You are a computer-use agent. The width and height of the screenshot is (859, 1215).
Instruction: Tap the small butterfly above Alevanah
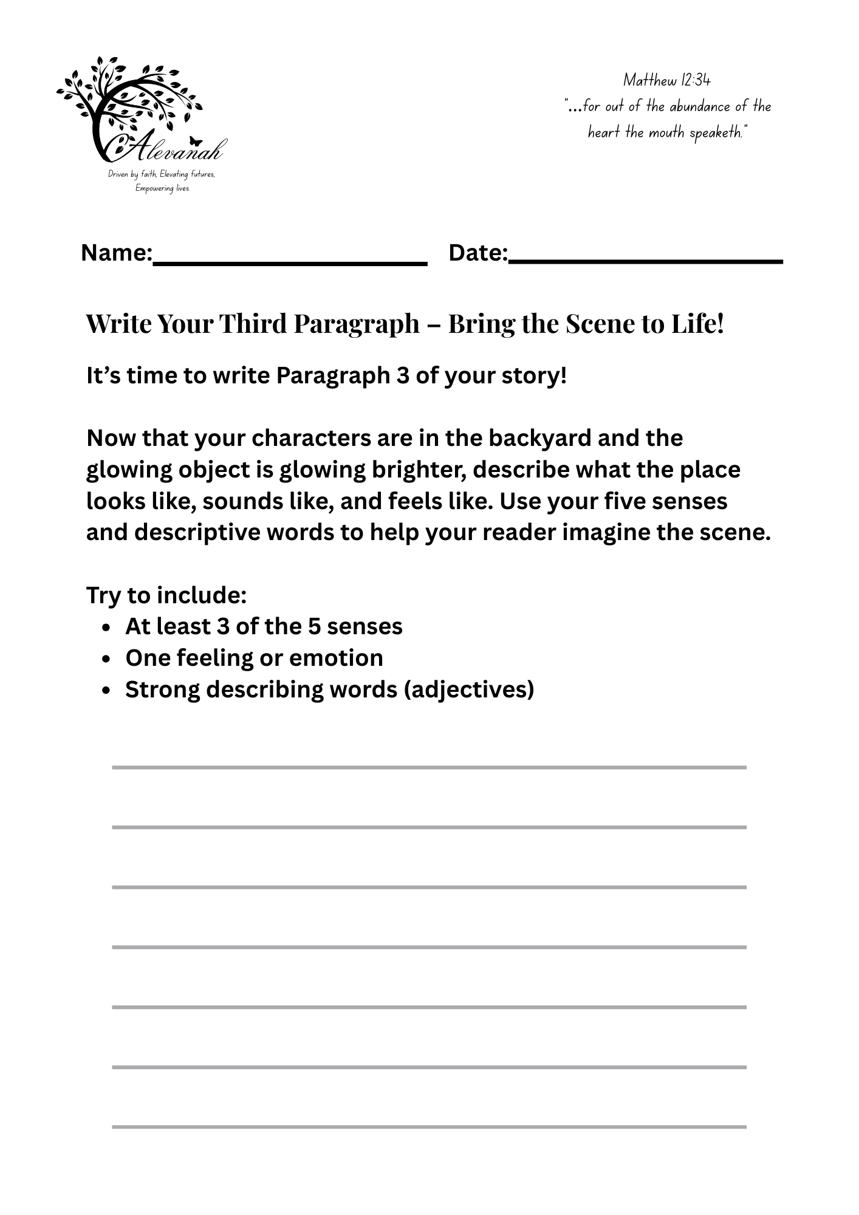point(195,141)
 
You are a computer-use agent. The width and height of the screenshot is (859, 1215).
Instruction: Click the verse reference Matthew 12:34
point(666,80)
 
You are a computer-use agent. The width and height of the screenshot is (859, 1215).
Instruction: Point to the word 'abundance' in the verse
point(700,106)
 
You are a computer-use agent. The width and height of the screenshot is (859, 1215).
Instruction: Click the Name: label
point(117,253)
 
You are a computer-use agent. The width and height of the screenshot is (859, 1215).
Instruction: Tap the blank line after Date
point(646,261)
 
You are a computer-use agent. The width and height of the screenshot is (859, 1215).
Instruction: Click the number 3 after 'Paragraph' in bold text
point(402,375)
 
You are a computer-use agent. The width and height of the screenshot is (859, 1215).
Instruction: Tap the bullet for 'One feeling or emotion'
point(106,659)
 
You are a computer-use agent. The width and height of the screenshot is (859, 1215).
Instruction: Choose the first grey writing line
point(429,767)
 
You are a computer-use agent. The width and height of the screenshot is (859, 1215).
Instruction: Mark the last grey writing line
point(429,1127)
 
